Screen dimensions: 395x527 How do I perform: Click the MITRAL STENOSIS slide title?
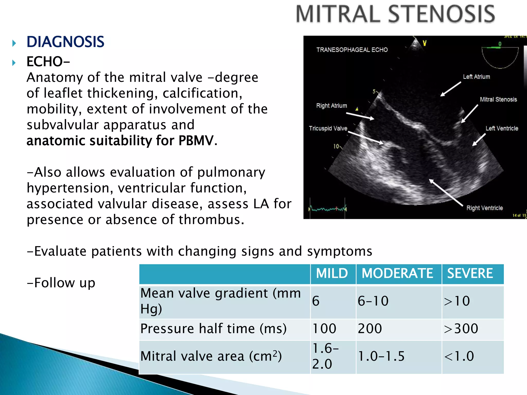click(396, 14)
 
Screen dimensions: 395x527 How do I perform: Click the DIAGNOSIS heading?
click(65, 42)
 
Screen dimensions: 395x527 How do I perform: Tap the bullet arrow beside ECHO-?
click(14, 63)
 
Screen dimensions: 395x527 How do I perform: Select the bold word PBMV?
click(196, 141)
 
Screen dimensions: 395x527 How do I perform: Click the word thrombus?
click(211, 220)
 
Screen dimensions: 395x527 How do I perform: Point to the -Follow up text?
click(61, 283)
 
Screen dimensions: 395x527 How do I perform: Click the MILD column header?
click(332, 273)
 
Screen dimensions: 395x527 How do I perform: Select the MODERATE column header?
click(397, 273)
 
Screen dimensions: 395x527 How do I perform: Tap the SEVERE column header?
click(470, 273)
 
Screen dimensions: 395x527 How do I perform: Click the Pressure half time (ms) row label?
click(213, 329)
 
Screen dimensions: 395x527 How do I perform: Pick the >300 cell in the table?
click(461, 329)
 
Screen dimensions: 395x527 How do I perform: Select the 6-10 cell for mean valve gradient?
click(373, 301)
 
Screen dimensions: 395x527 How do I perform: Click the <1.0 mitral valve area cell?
click(459, 356)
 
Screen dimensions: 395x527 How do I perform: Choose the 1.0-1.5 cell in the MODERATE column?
click(381, 356)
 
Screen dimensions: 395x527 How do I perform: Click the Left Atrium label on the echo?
click(476, 77)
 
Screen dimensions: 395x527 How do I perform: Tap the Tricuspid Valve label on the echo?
click(328, 128)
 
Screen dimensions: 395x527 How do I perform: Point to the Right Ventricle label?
click(484, 208)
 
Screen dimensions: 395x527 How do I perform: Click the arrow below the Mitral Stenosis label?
click(470, 114)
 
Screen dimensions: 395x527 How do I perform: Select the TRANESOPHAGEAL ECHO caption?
click(352, 50)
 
